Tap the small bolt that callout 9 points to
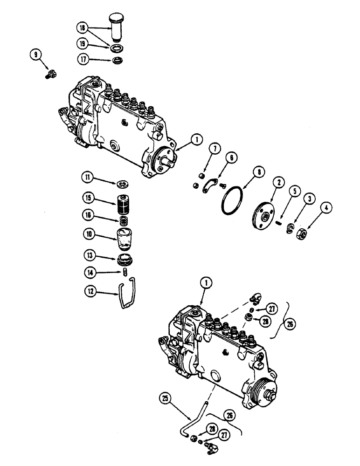(52, 74)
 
